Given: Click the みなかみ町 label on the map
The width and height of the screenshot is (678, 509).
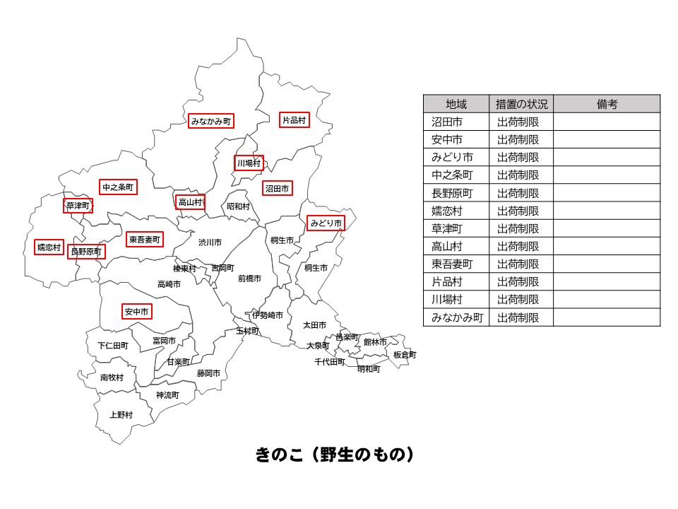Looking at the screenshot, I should (x=210, y=122).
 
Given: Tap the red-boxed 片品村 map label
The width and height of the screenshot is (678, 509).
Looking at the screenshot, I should (x=295, y=120).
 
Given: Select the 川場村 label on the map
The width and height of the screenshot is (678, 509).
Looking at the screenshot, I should (x=249, y=163).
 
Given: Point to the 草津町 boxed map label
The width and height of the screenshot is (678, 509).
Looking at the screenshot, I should (x=78, y=206).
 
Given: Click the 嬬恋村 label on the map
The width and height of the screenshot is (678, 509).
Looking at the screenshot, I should (x=49, y=247).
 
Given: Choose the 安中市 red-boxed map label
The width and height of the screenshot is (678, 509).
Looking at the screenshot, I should (x=137, y=311).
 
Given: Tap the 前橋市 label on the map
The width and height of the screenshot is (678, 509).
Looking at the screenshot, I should (x=249, y=279).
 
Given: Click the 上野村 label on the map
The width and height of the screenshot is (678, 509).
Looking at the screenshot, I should (x=121, y=415).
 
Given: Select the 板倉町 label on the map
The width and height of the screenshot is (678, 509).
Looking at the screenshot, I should (x=405, y=354).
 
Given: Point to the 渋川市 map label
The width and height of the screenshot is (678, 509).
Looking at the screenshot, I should (x=210, y=242).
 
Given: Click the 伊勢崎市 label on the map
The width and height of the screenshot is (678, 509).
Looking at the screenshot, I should (x=268, y=315).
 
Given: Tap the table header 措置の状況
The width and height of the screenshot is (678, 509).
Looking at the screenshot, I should (x=522, y=104).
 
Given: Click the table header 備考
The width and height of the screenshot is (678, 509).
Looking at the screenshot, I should (x=607, y=104).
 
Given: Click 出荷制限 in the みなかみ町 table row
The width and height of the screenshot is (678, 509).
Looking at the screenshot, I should (x=522, y=317).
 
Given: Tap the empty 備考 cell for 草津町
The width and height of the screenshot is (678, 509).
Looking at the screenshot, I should (x=607, y=228).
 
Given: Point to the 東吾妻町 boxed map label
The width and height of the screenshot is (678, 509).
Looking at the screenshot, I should (x=145, y=240).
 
